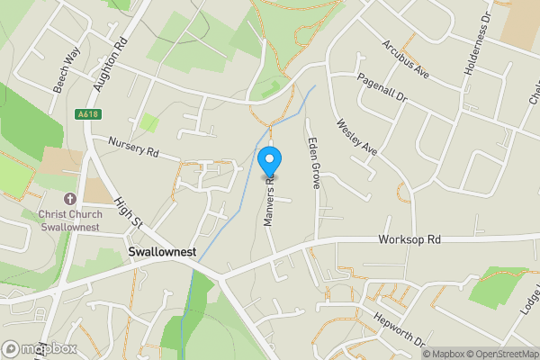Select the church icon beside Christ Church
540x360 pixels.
click(x=69, y=197)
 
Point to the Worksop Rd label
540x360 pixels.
click(x=409, y=240)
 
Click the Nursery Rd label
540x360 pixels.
click(x=132, y=148)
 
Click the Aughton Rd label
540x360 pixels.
click(x=107, y=65)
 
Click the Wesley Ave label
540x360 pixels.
click(x=355, y=139)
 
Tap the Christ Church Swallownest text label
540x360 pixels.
click(x=69, y=220)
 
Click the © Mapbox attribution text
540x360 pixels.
click(x=442, y=354)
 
